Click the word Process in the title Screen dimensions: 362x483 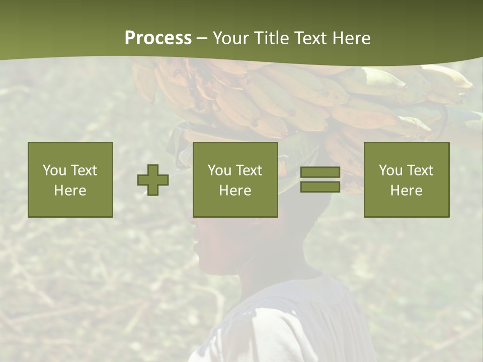click(x=158, y=38)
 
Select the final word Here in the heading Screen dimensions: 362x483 click(x=352, y=38)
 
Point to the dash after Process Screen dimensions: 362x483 click(x=202, y=39)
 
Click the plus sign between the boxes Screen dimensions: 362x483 click(x=153, y=180)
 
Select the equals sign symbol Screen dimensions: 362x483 click(x=320, y=179)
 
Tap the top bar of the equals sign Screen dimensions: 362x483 click(x=320, y=172)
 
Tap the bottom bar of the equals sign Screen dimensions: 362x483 click(x=320, y=187)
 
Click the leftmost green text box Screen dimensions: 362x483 click(x=70, y=179)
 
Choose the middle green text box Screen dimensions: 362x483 click(x=235, y=179)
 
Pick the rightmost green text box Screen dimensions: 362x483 click(x=406, y=179)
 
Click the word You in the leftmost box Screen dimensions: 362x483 click(x=54, y=170)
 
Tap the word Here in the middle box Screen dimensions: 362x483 click(x=235, y=191)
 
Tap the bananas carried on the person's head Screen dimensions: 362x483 click(x=302, y=96)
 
